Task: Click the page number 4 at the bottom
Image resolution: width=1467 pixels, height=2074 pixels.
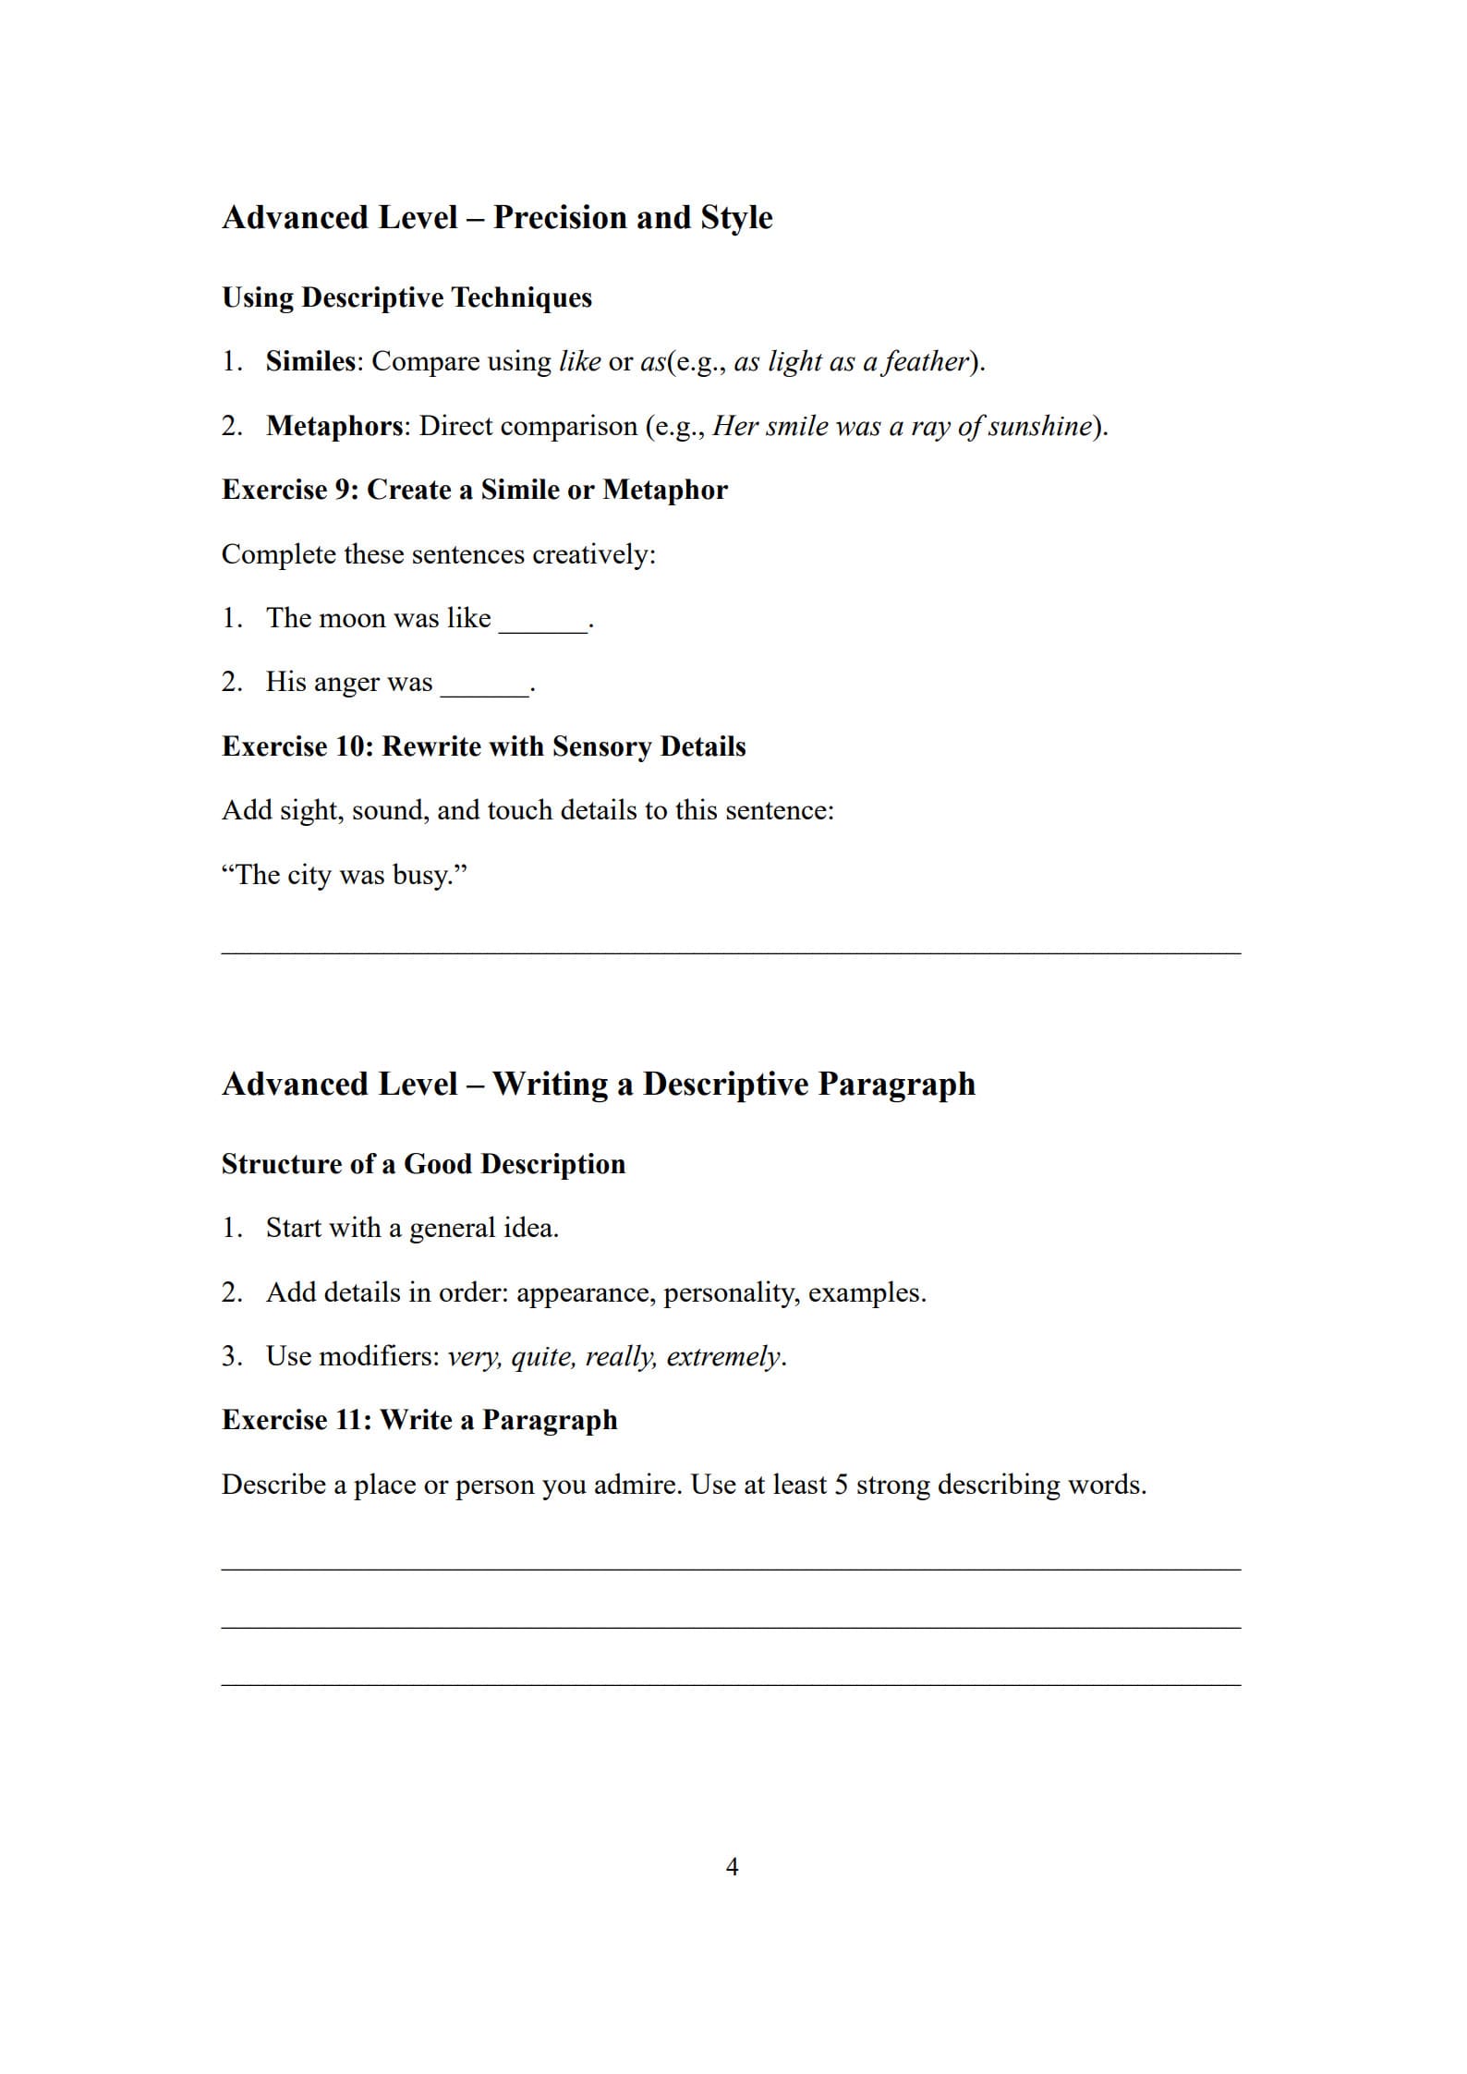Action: (x=732, y=1866)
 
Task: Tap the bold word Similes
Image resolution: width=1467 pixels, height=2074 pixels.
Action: (x=309, y=361)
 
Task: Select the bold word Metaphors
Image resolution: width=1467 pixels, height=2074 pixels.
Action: (x=334, y=426)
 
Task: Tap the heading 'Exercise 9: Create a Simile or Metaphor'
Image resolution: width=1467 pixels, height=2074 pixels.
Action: (x=474, y=490)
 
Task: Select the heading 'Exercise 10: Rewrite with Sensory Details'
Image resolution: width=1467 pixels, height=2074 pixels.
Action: (x=483, y=746)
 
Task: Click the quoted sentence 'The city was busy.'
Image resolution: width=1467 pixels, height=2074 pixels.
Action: (x=344, y=874)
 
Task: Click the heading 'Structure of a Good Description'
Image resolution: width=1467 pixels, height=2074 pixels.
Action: (x=423, y=1164)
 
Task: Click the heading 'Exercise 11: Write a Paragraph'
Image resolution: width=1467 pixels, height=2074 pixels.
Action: (x=419, y=1420)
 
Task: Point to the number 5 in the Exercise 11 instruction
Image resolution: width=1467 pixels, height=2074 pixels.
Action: (x=841, y=1485)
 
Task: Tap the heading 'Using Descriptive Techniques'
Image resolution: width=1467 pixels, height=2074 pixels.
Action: (x=406, y=297)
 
